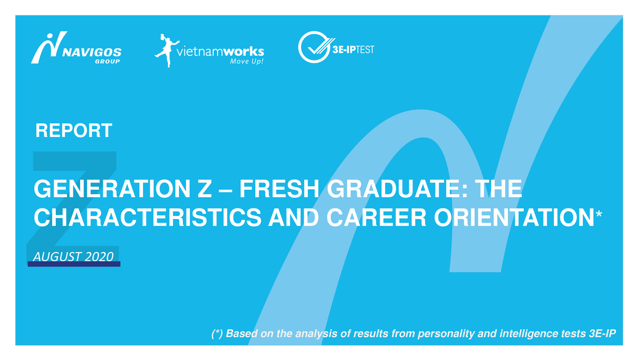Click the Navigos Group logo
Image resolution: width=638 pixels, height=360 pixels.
point(76,49)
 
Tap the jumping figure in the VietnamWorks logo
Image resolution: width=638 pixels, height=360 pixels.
point(165,50)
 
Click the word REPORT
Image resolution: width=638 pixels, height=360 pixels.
point(73,130)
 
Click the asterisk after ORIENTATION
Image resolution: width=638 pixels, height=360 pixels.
point(599,214)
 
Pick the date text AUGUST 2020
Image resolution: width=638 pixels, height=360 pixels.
point(73,256)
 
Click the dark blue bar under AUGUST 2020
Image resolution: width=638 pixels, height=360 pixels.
point(73,264)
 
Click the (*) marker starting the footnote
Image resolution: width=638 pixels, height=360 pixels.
point(216,333)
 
